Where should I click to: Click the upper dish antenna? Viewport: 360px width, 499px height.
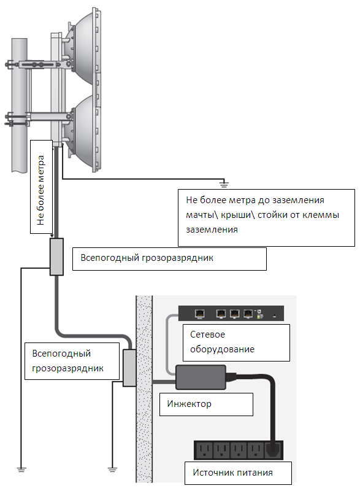[x=83, y=48]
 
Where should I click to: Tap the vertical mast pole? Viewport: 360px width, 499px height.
[x=20, y=105]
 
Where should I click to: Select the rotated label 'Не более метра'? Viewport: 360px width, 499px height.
[x=40, y=190]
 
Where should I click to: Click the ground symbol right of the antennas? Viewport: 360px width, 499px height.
[x=224, y=184]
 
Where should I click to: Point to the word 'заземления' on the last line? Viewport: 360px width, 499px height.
[x=212, y=230]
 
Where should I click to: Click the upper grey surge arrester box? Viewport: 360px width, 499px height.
[x=56, y=257]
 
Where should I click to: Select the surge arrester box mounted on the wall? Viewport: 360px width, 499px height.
[x=129, y=368]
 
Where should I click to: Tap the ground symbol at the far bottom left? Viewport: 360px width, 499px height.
[x=21, y=470]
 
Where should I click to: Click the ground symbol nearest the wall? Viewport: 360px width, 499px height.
[x=112, y=470]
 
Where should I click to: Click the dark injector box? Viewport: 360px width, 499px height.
[x=201, y=377]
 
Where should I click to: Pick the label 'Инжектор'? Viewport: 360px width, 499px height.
[x=190, y=404]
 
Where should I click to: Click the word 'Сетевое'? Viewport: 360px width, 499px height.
[x=207, y=335]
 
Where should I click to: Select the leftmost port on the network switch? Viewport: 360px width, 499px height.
[x=200, y=314]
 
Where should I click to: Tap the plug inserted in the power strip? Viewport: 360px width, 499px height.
[x=273, y=450]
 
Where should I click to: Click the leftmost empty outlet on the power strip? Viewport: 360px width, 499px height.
[x=204, y=450]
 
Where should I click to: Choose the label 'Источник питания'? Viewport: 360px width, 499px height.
[x=233, y=473]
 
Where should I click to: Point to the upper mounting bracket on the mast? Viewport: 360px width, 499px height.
[x=38, y=64]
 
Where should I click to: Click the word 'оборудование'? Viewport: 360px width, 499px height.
[x=222, y=349]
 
